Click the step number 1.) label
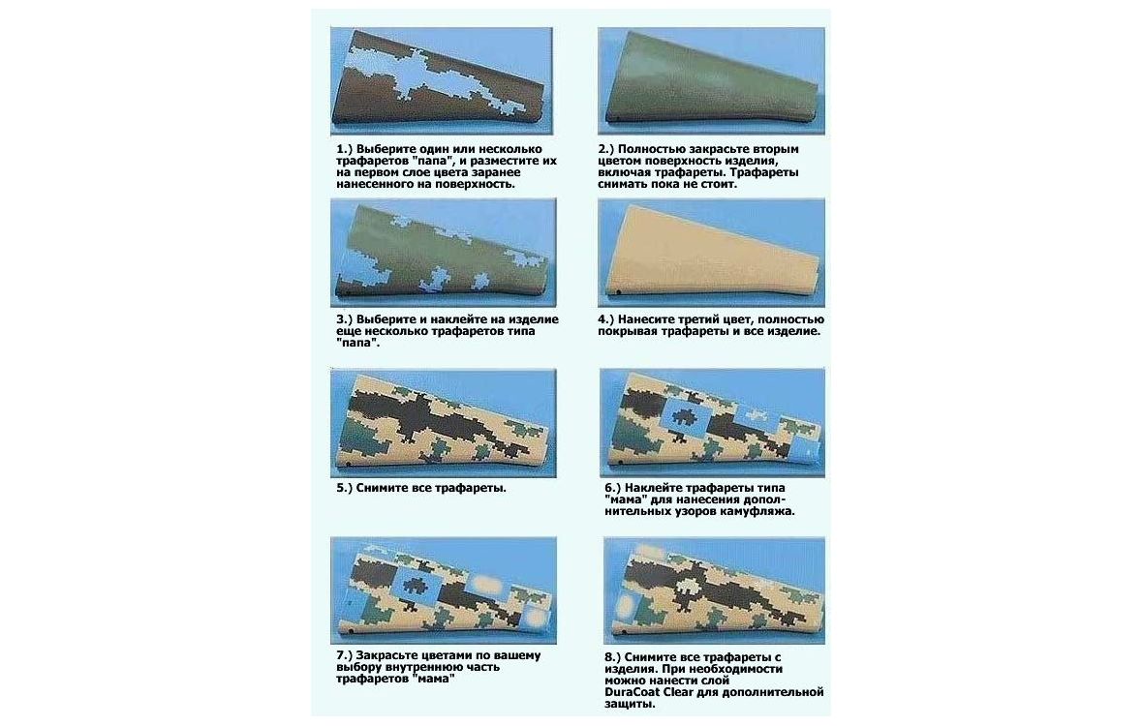pyautogui.click(x=344, y=149)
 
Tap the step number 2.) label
pyautogui.click(x=606, y=149)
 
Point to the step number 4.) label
pyautogui.click(x=606, y=319)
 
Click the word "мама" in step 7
pyautogui.click(x=434, y=680)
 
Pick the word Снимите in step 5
pyautogui.click(x=383, y=489)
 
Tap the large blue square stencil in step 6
pyautogui.click(x=685, y=418)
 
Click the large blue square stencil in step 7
pyautogui.click(x=414, y=586)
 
